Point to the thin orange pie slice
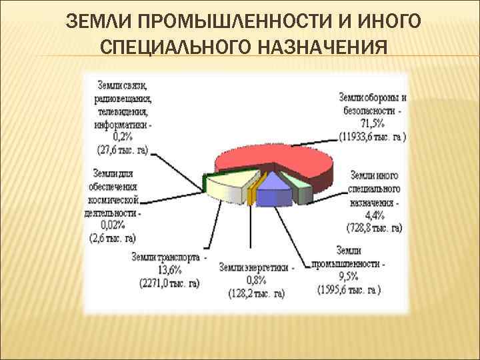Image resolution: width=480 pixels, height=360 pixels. coord(251,194)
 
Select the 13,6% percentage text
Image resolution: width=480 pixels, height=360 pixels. coord(168,270)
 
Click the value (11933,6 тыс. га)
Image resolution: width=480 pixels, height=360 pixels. coord(371,137)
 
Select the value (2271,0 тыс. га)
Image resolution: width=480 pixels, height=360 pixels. coord(169,283)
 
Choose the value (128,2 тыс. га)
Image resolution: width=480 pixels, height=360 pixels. coord(256,293)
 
